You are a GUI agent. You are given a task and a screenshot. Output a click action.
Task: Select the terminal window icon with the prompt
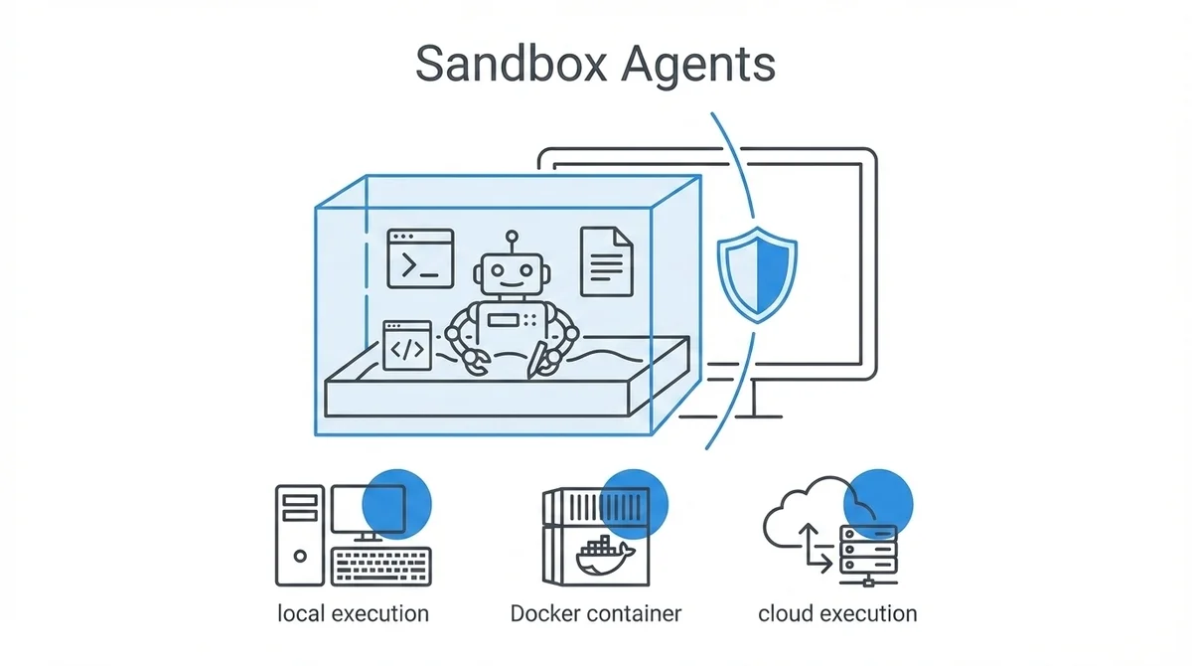[x=420, y=258]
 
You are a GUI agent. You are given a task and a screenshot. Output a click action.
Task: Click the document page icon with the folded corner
[x=606, y=260]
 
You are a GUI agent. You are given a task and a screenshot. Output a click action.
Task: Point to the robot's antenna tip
[x=511, y=237]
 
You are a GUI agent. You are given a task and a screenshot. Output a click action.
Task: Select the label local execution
[x=353, y=612]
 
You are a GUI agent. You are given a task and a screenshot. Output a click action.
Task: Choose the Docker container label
[x=596, y=612]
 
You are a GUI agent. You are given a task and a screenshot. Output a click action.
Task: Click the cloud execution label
[x=837, y=612]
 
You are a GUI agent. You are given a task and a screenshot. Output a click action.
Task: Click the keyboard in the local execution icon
[x=382, y=566]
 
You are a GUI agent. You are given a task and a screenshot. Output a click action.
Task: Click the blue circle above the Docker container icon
[x=635, y=501]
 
